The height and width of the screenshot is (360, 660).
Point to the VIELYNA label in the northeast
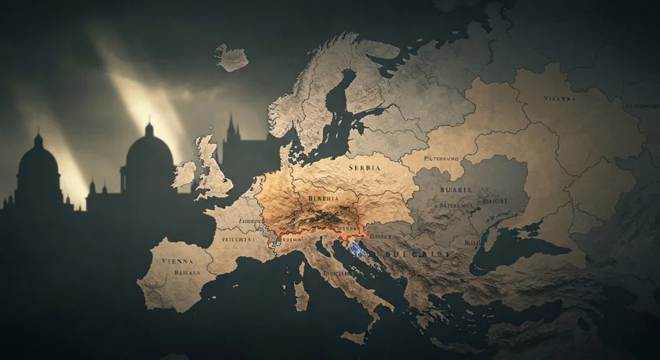click(x=560, y=98)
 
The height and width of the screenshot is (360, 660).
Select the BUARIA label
click(x=454, y=189)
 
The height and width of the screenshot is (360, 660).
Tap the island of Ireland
click(x=184, y=174)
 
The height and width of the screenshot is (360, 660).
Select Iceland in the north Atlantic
click(x=231, y=58)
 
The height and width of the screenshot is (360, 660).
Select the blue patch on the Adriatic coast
click(x=355, y=250)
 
